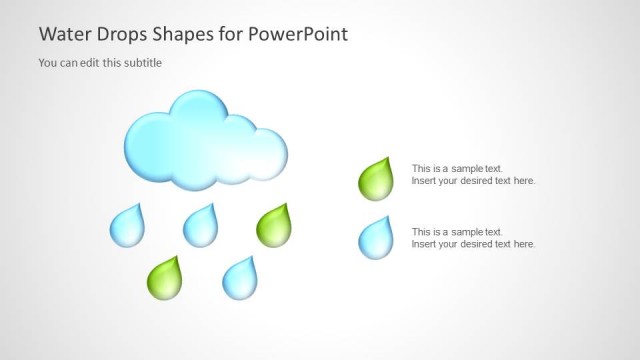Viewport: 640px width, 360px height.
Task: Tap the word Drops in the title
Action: tap(121, 34)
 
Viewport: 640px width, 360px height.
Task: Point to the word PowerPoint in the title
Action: tap(298, 34)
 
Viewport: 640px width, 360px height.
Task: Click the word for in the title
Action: tap(232, 34)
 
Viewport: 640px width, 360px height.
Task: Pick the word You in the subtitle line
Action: tap(48, 63)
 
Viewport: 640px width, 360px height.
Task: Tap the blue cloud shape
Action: tap(205, 140)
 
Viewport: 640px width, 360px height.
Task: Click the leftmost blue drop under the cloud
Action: tap(126, 228)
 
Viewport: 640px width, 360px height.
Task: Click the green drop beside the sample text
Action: tap(375, 180)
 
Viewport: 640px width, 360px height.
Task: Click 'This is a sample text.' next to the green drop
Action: tap(457, 168)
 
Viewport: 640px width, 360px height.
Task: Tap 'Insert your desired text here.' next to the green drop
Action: tap(473, 181)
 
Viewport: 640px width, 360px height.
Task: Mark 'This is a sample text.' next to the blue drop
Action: tap(457, 231)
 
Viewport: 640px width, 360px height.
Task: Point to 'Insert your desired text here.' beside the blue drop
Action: tap(473, 244)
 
